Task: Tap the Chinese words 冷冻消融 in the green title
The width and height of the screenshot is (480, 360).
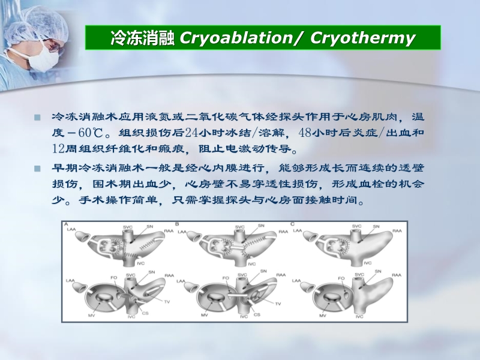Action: pos(142,38)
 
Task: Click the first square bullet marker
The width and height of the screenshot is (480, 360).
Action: pos(37,117)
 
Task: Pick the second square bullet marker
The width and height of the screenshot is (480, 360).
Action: pos(37,170)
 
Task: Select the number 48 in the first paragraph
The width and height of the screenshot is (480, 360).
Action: pos(306,133)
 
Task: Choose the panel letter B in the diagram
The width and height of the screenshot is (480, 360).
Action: pos(178,224)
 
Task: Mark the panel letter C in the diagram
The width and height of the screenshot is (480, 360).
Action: pos(292,224)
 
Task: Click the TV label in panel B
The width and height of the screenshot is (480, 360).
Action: pos(278,304)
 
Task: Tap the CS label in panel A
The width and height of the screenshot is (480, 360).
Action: pos(147,313)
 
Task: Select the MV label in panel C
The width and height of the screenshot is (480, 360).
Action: pos(322,315)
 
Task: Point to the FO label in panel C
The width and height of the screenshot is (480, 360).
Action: pos(341,278)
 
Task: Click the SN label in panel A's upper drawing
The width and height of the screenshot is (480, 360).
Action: pos(149,226)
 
